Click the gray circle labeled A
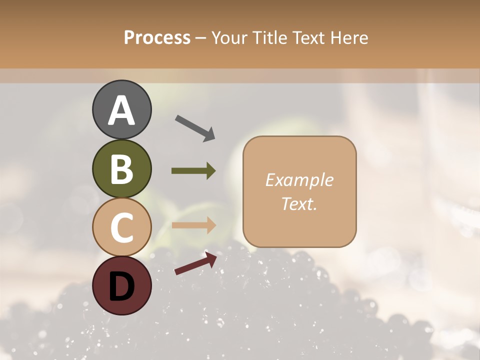pyautogui.click(x=121, y=109)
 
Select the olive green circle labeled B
pyautogui.click(x=121, y=168)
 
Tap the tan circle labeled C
pyautogui.click(x=121, y=227)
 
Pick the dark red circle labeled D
pyautogui.click(x=121, y=285)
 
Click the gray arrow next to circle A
pyautogui.click(x=195, y=128)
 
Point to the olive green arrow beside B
pyautogui.click(x=193, y=171)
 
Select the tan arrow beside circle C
pyautogui.click(x=193, y=225)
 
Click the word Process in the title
pyautogui.click(x=157, y=38)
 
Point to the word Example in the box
pyautogui.click(x=299, y=180)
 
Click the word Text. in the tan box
pyautogui.click(x=299, y=203)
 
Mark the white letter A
pyautogui.click(x=121, y=110)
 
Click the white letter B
pyautogui.click(x=121, y=169)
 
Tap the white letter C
pyautogui.click(x=121, y=227)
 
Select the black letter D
pyautogui.click(x=121, y=286)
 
